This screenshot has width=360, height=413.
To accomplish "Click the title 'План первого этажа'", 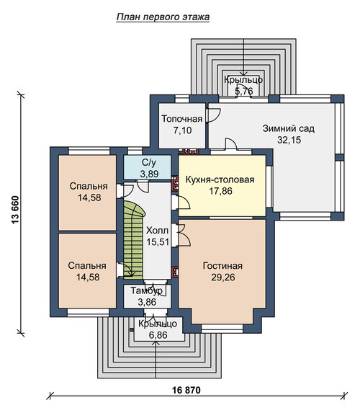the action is point(163,17).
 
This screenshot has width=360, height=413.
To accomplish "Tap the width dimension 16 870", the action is point(186,390).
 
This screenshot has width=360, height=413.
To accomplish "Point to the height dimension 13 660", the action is point(16,210).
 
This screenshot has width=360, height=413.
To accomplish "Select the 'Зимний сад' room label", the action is point(289,128).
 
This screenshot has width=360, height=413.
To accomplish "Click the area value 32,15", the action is point(289,140).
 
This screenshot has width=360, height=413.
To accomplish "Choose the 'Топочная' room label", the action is point(182,119).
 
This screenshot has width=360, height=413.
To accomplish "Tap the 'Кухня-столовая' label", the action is point(220,179).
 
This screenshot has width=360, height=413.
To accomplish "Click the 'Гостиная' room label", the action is point(222,266).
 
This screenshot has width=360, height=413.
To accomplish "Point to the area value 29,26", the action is point(223,277).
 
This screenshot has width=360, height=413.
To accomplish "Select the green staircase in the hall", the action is point(133,241).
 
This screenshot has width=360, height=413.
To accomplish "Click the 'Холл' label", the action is point(158,231).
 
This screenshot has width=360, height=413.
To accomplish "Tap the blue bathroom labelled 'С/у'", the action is point(148,168).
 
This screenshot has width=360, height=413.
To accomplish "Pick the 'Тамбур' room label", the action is point(147,290).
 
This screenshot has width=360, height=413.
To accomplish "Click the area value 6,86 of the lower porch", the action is point(158,335).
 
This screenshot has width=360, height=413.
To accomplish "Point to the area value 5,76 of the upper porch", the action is point(243,91).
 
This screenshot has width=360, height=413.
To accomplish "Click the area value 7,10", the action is point(182,130).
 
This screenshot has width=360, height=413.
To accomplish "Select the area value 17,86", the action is point(220,191).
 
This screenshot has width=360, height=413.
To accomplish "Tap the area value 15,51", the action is point(158,241).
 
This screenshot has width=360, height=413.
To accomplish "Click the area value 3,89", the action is point(149,174).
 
